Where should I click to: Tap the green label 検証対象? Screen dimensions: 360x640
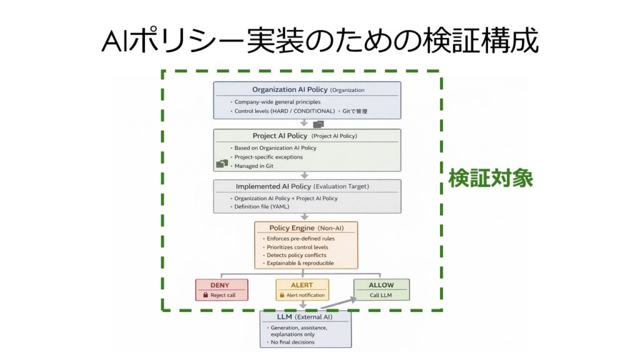[x=491, y=179]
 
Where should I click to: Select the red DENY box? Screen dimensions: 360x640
[x=221, y=289]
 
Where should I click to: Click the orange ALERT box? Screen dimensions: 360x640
[x=302, y=289]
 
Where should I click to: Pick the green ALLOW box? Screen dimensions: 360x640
[x=381, y=289]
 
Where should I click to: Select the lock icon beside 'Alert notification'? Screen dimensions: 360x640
[x=282, y=295]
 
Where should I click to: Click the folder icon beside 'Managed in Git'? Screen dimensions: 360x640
[x=222, y=164]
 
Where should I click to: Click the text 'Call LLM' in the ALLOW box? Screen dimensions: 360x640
[x=381, y=295]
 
